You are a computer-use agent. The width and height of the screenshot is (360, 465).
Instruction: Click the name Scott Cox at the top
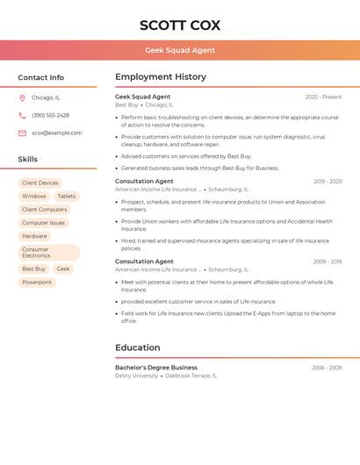pos(180,25)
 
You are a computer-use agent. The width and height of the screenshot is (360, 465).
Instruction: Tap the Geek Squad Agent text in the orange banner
pos(180,50)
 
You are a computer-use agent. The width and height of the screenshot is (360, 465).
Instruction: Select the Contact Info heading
pos(40,77)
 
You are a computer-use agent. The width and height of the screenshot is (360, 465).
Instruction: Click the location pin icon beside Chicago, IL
pos(22,98)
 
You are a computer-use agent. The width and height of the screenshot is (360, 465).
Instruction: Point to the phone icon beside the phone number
pos(22,116)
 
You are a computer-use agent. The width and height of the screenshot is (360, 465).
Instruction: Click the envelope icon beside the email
pos(22,133)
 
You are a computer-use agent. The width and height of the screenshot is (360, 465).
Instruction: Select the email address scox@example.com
pos(57,133)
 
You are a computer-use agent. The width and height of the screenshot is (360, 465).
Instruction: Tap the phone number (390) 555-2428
pos(51,116)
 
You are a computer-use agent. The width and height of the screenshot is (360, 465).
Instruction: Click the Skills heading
pos(28,160)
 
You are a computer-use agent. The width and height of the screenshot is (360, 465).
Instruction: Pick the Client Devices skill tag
pos(40,183)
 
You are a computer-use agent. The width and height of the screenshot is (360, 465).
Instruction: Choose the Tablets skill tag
pos(67,197)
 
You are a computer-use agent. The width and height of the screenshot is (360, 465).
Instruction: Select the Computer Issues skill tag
pos(44,223)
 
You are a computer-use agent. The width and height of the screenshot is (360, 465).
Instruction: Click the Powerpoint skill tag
pos(37,283)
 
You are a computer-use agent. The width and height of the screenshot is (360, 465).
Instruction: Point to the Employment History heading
pos(161,77)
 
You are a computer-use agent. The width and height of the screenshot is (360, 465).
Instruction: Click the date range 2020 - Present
pos(323,97)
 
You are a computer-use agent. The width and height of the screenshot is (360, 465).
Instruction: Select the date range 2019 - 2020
pos(328,182)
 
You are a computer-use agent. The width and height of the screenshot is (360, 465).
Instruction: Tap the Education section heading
pos(138,347)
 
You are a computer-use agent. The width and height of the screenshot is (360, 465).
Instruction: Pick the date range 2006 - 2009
pos(327,368)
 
